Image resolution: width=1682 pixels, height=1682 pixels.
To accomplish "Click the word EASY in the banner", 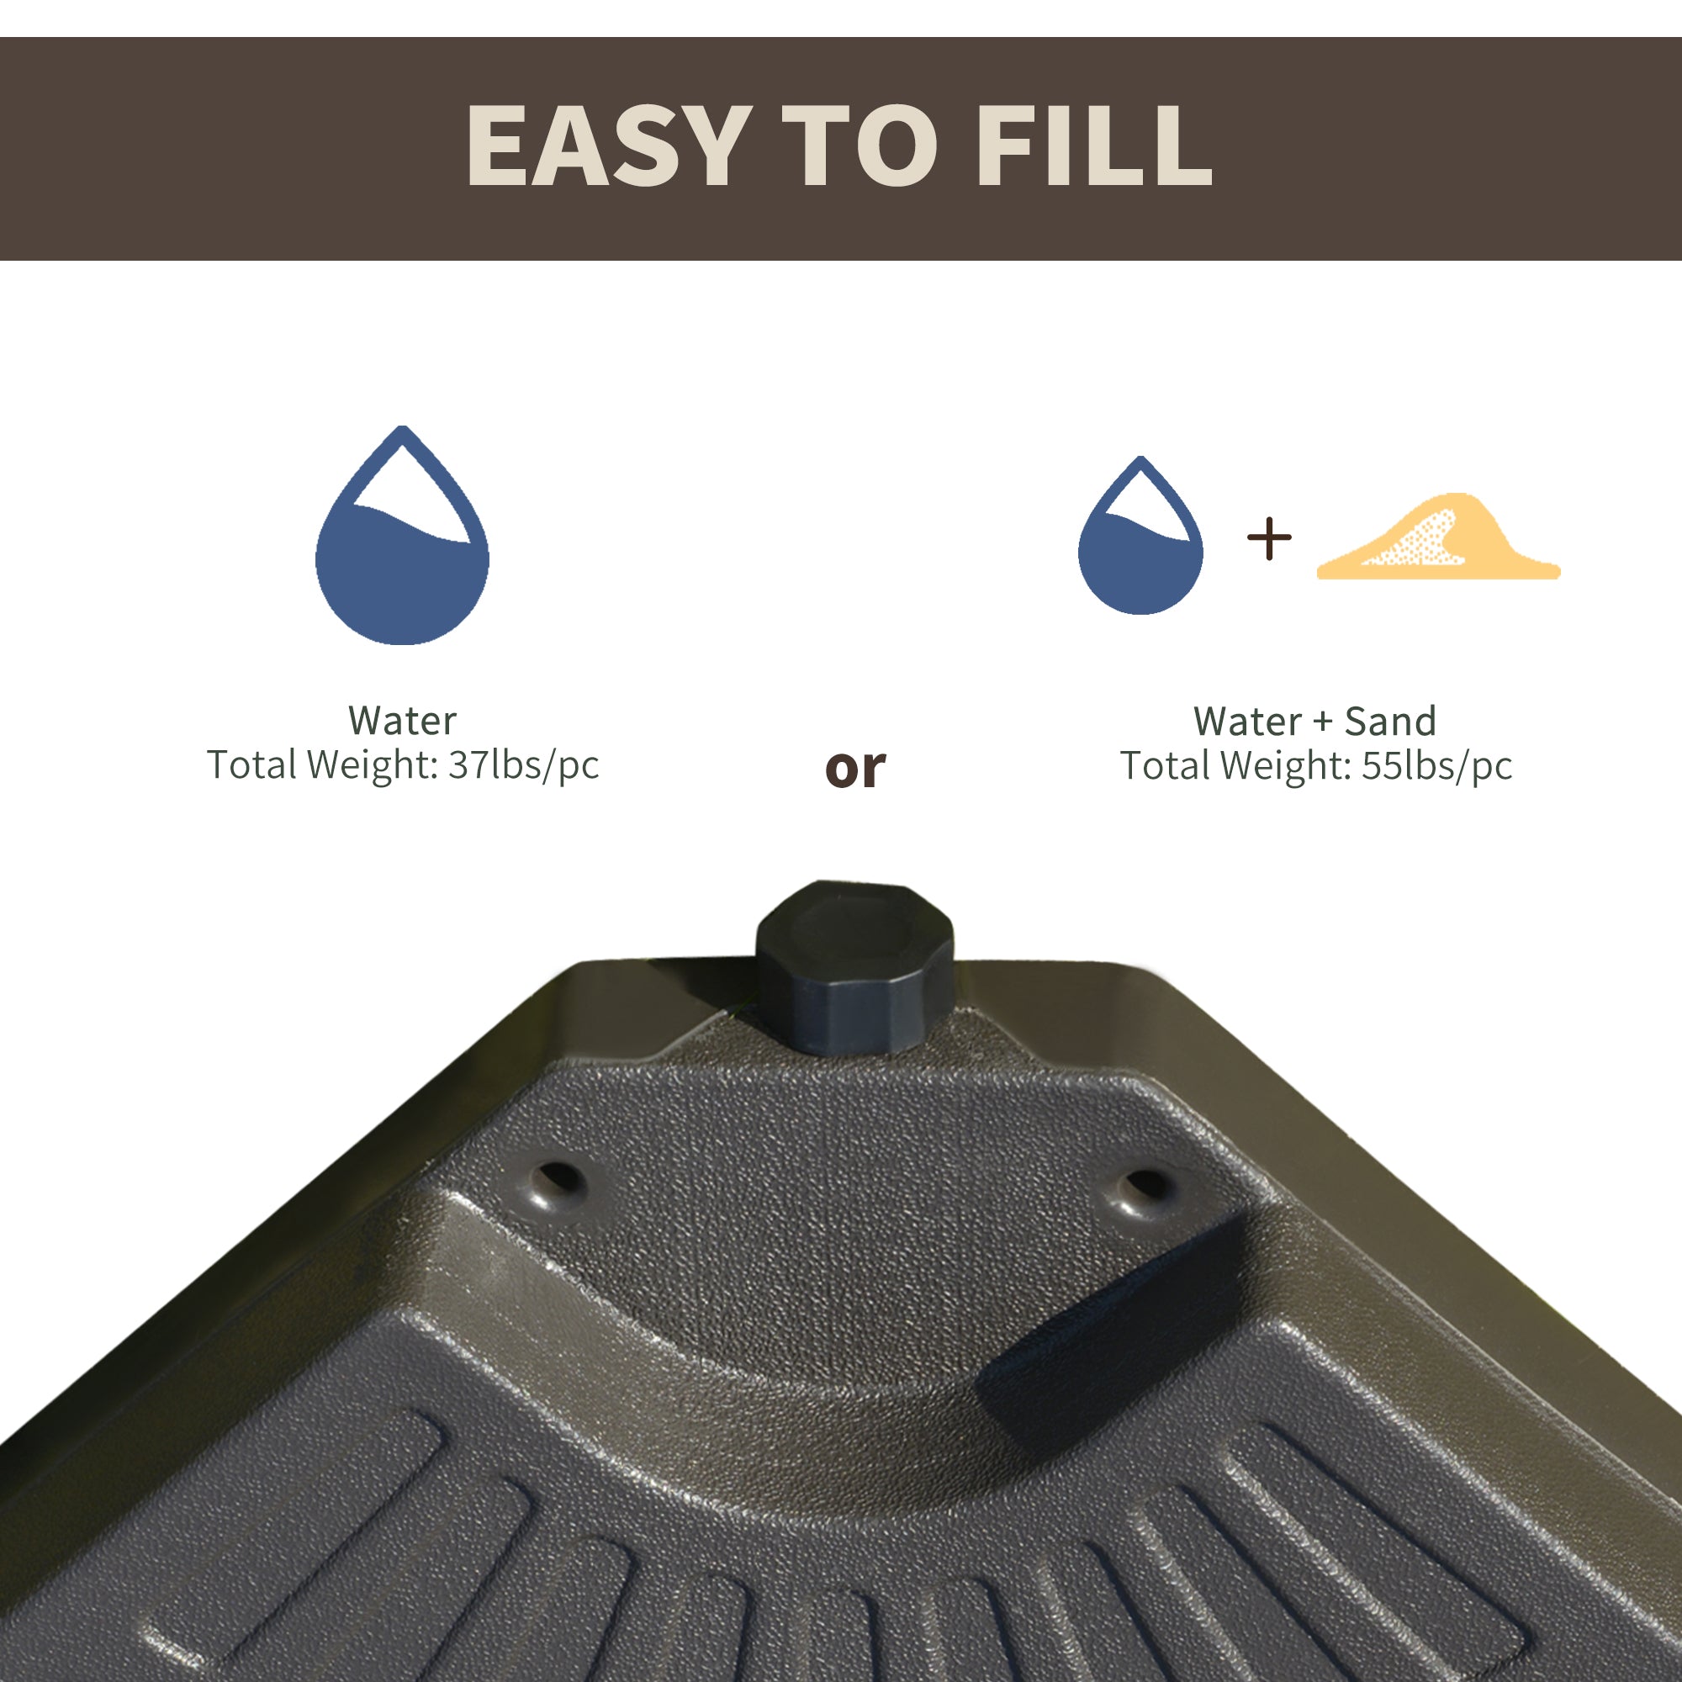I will [x=609, y=145].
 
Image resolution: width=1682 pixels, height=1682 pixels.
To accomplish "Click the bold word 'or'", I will [x=855, y=768].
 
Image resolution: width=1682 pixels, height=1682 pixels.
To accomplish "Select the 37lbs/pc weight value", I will [x=523, y=764].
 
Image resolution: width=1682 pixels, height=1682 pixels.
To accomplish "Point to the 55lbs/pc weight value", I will [x=1436, y=765].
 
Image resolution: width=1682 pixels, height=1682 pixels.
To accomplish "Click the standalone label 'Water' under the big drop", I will [x=401, y=720].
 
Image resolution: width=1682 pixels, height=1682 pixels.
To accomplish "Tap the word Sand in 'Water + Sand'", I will [x=1390, y=721].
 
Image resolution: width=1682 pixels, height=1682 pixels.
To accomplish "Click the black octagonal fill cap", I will [x=854, y=966].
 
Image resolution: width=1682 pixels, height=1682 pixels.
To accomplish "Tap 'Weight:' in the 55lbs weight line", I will [x=1285, y=765].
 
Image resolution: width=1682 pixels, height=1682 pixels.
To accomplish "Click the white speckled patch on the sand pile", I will [x=1419, y=540].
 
